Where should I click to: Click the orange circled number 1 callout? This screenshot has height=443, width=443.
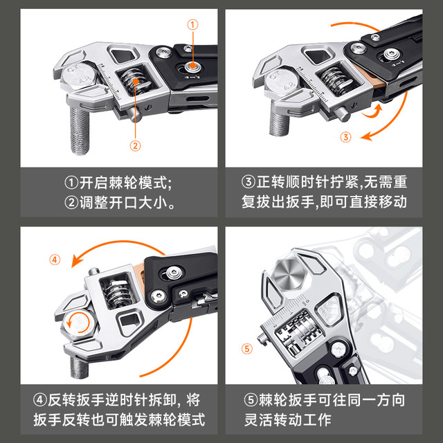pyautogui.click(x=192, y=25)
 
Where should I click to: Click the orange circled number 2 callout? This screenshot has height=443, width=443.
pyautogui.click(x=136, y=146)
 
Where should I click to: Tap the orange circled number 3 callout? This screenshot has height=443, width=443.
pyautogui.click(x=345, y=137)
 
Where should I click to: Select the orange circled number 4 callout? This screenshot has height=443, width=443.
pyautogui.click(x=55, y=260)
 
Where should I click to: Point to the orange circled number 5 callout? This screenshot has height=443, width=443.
pyautogui.click(x=247, y=349)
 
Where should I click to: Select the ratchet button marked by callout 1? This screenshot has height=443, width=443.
pyautogui.click(x=192, y=66)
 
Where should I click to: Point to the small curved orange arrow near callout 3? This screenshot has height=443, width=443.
pyautogui.click(x=372, y=111)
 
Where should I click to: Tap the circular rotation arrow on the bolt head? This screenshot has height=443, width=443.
pyautogui.click(x=78, y=323)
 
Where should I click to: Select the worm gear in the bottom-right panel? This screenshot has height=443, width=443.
pyautogui.click(x=298, y=331)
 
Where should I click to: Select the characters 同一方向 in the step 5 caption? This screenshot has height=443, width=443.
pyautogui.click(x=377, y=400)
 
